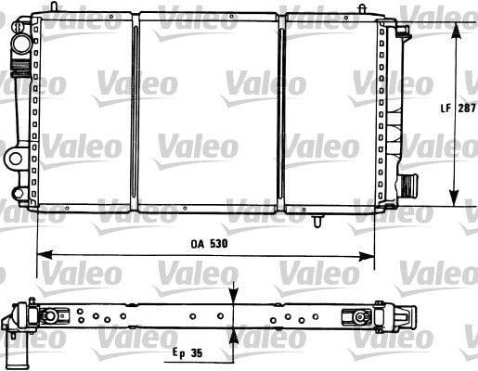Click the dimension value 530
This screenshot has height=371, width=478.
point(219,244)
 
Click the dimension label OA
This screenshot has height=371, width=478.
point(198,244)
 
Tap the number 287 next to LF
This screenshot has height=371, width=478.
point(467,109)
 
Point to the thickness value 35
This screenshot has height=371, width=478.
point(197,352)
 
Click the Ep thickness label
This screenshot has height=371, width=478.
point(179,353)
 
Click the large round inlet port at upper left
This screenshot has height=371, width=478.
point(21,44)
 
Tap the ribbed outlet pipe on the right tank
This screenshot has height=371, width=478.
point(408,185)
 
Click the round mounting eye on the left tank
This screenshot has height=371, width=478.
point(15,159)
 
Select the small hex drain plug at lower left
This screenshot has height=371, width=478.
point(18,194)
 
